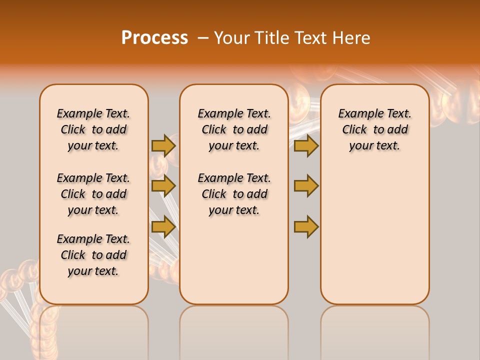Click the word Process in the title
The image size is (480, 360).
[154, 38]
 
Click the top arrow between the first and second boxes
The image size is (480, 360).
[163, 145]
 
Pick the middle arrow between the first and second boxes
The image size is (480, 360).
[163, 186]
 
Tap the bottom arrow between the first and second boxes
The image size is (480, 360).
[163, 226]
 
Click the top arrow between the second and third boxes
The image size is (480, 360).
[306, 145]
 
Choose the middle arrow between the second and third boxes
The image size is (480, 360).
[306, 186]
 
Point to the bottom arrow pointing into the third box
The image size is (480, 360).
[306, 226]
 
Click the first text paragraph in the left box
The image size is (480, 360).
[93, 129]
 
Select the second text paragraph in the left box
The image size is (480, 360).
[93, 194]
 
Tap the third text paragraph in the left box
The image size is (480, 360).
[93, 255]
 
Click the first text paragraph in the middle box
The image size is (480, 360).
[234, 129]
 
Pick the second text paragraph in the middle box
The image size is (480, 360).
[234, 194]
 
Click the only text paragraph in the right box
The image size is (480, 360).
[375, 129]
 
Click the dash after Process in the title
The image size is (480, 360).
[203, 38]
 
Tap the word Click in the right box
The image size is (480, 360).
[354, 130]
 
